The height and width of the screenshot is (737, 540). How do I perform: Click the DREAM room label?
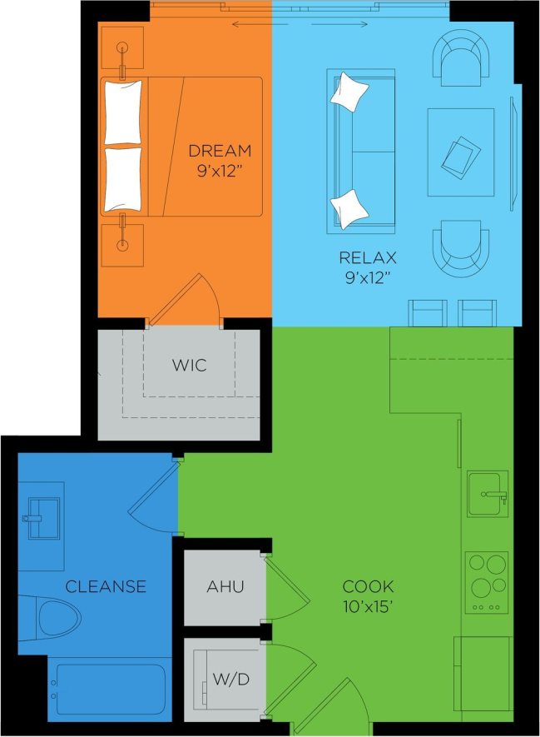pos(220,151)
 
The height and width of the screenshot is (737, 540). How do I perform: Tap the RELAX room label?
pos(367,256)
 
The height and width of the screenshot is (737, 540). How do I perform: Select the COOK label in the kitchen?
pos(368,586)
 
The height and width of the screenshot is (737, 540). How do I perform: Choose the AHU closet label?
pos(225,586)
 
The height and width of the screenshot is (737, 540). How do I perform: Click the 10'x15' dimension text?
pos(368,607)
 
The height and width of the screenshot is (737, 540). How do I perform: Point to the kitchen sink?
pos(487,495)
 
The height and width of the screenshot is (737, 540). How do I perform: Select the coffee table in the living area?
pos(462,154)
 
